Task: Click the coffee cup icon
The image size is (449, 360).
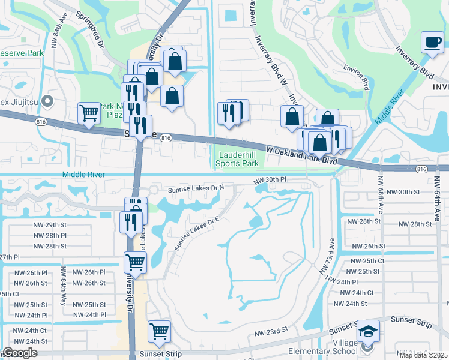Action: click(432, 43)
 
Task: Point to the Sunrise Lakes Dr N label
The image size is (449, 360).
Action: click(196, 188)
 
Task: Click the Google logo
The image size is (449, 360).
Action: click(20, 353)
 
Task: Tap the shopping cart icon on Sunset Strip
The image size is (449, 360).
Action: click(160, 331)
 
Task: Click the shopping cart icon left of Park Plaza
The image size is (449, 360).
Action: click(89, 112)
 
